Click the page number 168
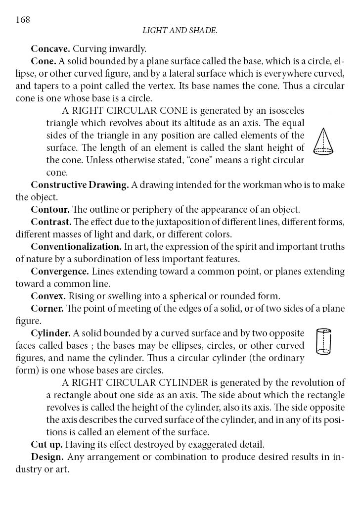[23, 20]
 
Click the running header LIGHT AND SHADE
[180, 31]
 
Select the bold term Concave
[51, 49]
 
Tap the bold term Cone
[43, 61]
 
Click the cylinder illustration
[323, 342]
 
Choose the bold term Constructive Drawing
[80, 185]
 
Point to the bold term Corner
[47, 309]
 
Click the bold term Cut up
[46, 444]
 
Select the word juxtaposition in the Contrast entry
[169, 222]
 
